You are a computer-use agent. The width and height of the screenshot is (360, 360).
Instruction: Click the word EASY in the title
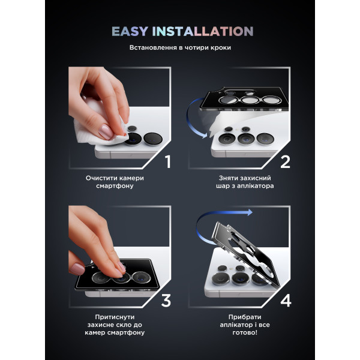tap(130, 31)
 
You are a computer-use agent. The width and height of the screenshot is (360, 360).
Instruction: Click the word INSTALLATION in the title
tap(203, 31)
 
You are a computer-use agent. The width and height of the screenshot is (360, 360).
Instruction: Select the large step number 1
tap(168, 161)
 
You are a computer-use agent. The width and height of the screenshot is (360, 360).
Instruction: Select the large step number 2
tap(285, 161)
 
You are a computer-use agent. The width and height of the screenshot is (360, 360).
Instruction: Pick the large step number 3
tap(166, 301)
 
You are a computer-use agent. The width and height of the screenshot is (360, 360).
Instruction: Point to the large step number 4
tap(286, 301)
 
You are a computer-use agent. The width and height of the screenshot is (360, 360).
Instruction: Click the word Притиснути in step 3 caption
tap(115, 317)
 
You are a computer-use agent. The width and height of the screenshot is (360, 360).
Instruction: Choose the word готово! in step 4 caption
tap(245, 332)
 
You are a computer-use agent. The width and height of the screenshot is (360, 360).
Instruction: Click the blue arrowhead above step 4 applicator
tap(250, 212)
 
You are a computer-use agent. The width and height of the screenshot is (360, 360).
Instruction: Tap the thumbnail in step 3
tap(77, 269)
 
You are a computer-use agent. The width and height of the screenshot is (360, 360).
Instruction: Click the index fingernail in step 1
tap(106, 131)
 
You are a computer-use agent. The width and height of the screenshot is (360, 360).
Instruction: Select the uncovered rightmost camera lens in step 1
tap(153, 139)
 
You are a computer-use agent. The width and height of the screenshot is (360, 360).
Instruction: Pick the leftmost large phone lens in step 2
tap(227, 139)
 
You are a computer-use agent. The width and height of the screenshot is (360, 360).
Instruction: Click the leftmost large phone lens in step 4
tap(220, 279)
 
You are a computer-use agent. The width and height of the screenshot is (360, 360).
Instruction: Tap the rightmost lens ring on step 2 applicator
tap(272, 100)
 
